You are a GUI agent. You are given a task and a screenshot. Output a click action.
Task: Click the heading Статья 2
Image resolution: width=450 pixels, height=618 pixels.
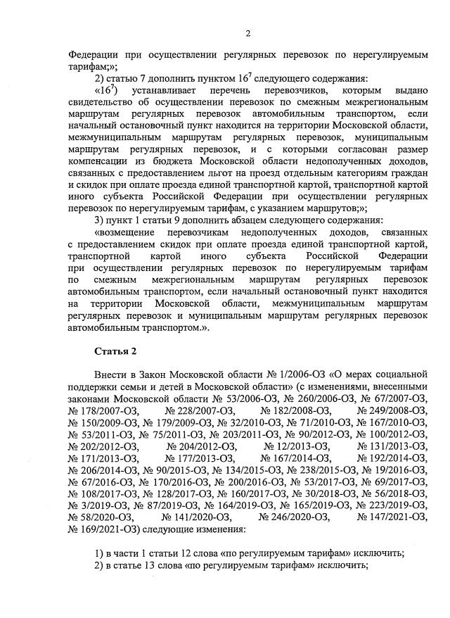click(113, 351)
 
